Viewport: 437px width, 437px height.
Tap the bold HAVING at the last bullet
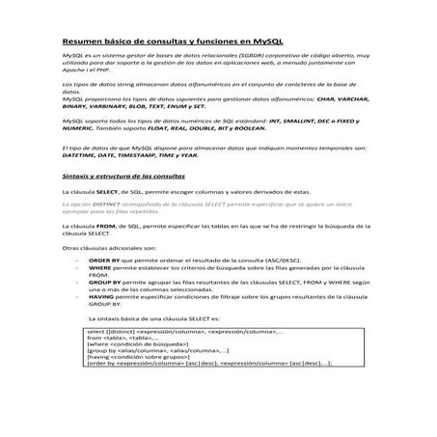103,297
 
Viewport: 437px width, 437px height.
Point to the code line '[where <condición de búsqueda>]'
144,343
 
